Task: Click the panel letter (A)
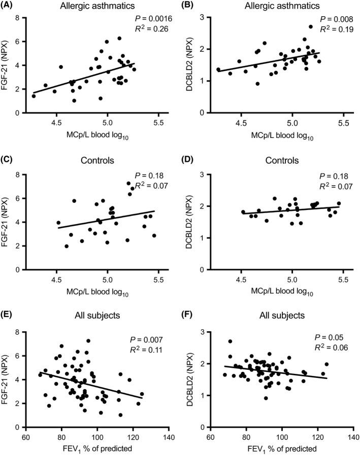coord(11,6)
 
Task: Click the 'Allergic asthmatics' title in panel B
coord(281,7)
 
